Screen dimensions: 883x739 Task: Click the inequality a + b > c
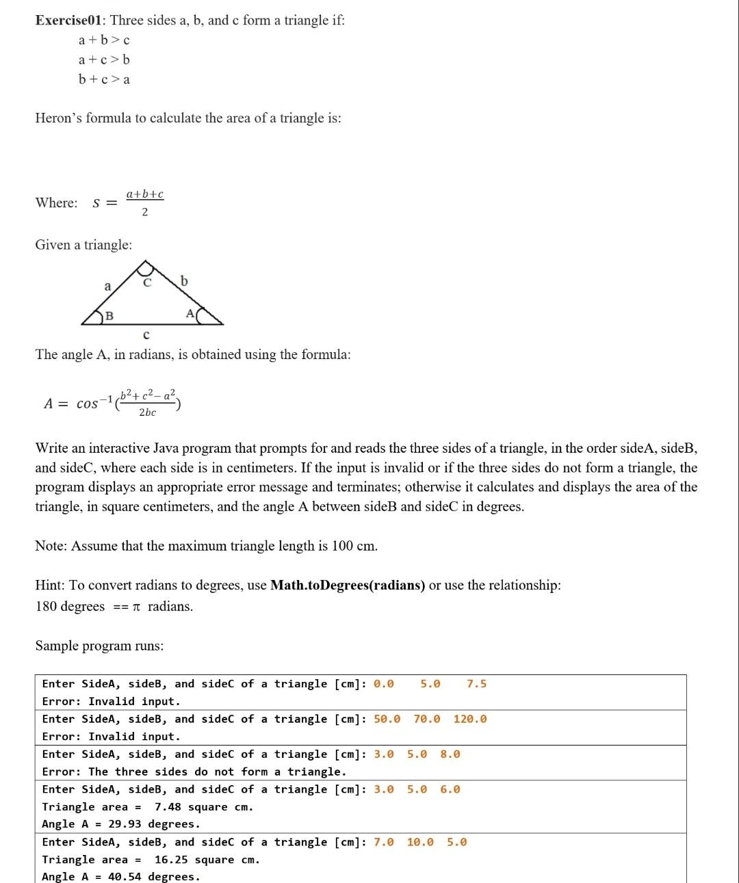pyautogui.click(x=104, y=40)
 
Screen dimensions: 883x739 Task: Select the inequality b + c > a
pyautogui.click(x=104, y=79)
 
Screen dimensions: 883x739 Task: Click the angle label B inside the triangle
pyautogui.click(x=109, y=316)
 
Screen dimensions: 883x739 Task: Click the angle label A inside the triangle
pyautogui.click(x=190, y=313)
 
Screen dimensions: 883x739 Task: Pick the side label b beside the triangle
pyautogui.click(x=184, y=280)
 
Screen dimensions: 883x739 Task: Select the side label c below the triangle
pyautogui.click(x=146, y=335)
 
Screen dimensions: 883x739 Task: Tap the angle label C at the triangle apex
pyautogui.click(x=147, y=282)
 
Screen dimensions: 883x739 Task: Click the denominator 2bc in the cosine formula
pyautogui.click(x=147, y=412)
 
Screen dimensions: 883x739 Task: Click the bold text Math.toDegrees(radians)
pyautogui.click(x=348, y=585)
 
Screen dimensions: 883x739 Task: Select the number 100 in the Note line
pyautogui.click(x=342, y=546)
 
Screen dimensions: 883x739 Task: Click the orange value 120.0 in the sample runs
pyautogui.click(x=470, y=719)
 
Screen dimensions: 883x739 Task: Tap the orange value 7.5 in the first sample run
pyautogui.click(x=476, y=684)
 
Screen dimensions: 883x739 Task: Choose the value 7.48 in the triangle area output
pyautogui.click(x=168, y=807)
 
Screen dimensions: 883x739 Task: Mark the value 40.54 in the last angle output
pyautogui.click(x=125, y=877)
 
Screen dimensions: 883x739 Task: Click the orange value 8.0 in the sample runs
pyautogui.click(x=450, y=754)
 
